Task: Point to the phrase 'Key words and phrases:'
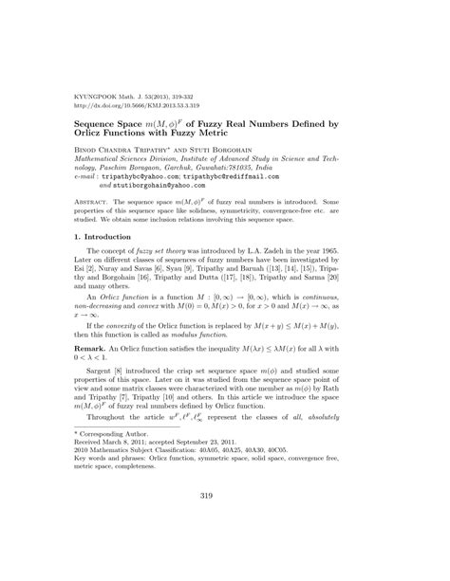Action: pos(111,486)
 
